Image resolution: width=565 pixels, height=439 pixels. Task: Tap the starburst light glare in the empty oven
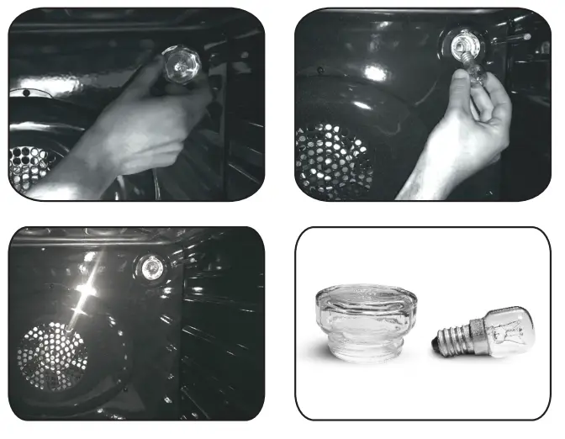pos(84,294)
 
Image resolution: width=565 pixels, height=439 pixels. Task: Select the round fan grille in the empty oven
pos(52,353)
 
